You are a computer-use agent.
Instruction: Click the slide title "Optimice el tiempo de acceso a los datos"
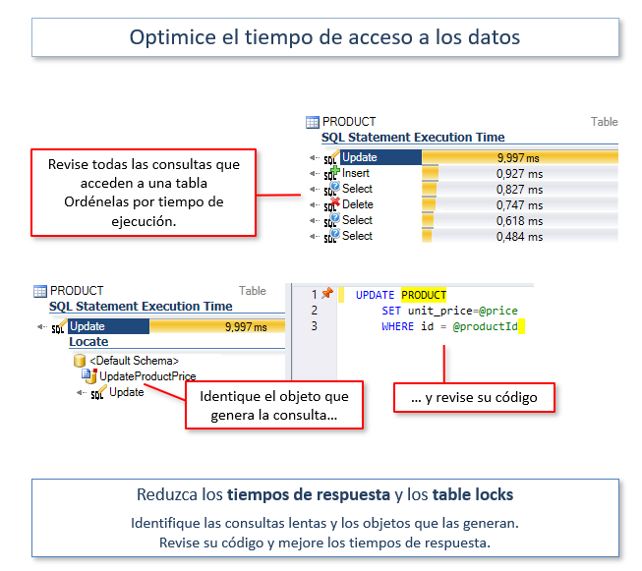point(324,37)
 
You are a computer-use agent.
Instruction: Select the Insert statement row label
point(355,173)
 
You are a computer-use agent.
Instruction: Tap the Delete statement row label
point(358,204)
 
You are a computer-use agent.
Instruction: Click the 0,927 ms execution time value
point(519,174)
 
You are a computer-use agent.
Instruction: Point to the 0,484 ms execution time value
point(519,237)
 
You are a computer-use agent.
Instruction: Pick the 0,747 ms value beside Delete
point(519,205)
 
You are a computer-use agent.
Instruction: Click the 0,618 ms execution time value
point(519,221)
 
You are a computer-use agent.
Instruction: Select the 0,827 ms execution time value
point(519,190)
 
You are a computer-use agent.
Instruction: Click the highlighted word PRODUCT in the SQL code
point(424,295)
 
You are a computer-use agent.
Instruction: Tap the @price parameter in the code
point(498,311)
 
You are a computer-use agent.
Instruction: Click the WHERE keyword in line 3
point(397,326)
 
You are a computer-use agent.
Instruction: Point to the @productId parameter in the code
point(485,326)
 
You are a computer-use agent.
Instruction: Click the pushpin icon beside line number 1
point(327,293)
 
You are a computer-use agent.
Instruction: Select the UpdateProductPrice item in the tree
point(147,376)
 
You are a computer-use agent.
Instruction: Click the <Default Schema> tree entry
point(135,361)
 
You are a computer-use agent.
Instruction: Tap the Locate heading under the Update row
point(88,342)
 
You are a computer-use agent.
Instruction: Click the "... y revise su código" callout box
point(474,397)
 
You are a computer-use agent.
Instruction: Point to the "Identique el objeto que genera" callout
point(274,405)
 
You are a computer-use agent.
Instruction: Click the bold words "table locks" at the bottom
point(473,494)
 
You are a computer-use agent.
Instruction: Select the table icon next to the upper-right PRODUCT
point(313,122)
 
